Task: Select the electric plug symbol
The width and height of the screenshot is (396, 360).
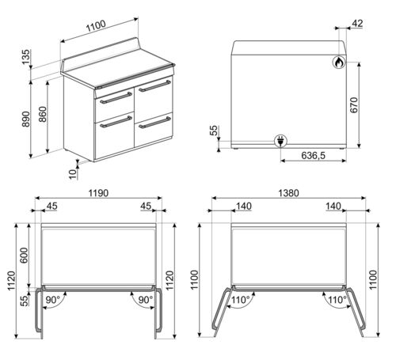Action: (281, 142)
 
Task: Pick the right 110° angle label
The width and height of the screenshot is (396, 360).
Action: (336, 300)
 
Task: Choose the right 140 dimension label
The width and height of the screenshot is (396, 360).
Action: (333, 207)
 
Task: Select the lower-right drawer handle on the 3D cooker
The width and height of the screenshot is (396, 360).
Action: (154, 123)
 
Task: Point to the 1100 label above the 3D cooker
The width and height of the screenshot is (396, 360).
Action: (95, 27)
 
